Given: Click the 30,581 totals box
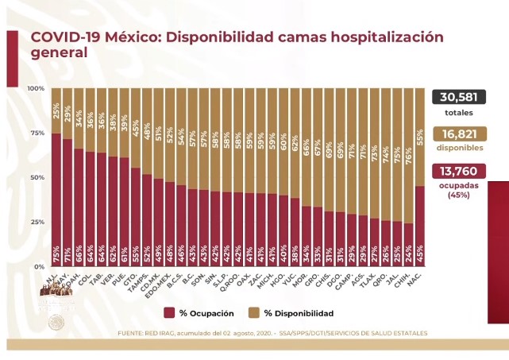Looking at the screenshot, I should coord(459,97).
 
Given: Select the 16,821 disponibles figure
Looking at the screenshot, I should coord(459,134).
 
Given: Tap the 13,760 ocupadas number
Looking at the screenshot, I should coord(459,172).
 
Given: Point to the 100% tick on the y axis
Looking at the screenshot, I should coord(36,88).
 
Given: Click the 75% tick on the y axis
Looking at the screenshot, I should coord(37,133).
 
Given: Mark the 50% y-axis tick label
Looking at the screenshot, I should coord(37,177).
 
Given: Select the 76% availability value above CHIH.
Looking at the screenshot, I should coord(407,149).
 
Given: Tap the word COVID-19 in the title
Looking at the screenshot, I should coord(64,37).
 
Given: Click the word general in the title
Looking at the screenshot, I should coord(58,53).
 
